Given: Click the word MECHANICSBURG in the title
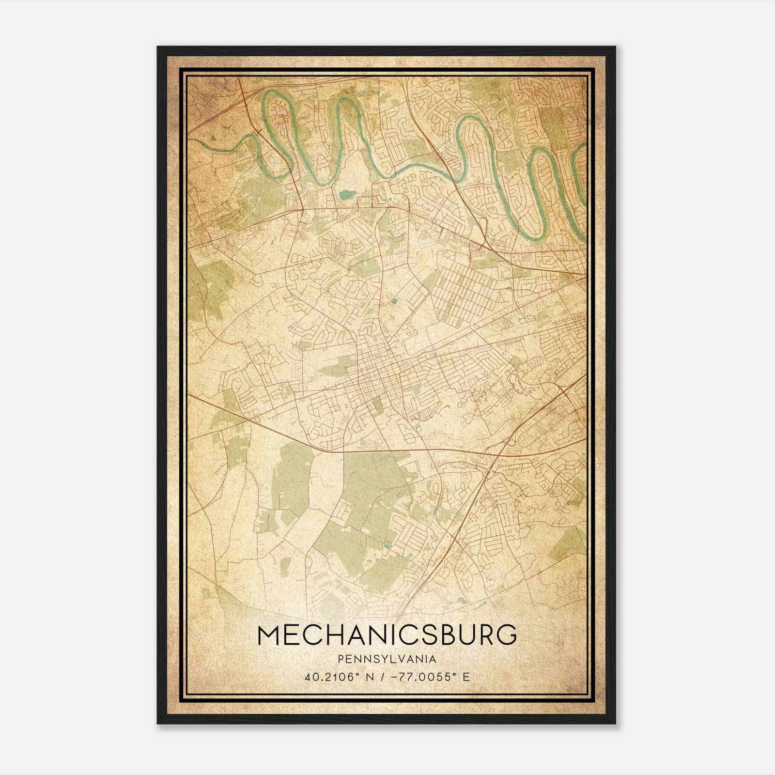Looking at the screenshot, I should [x=387, y=635].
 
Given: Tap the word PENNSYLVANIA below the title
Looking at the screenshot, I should [x=387, y=659].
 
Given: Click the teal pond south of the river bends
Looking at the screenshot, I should [x=346, y=195].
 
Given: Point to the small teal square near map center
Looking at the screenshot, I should [x=393, y=301].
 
